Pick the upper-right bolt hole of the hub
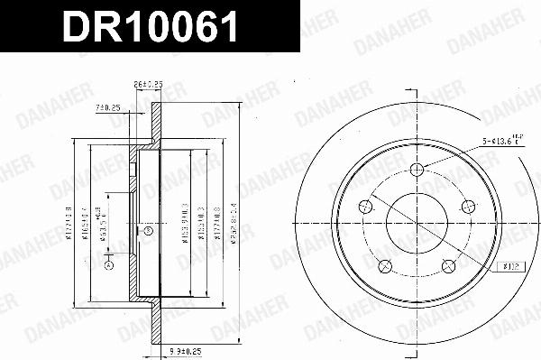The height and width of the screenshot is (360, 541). [467, 207]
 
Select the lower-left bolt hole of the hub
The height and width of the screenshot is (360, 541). [383, 266]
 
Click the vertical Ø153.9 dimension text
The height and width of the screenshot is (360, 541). [181, 221]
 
